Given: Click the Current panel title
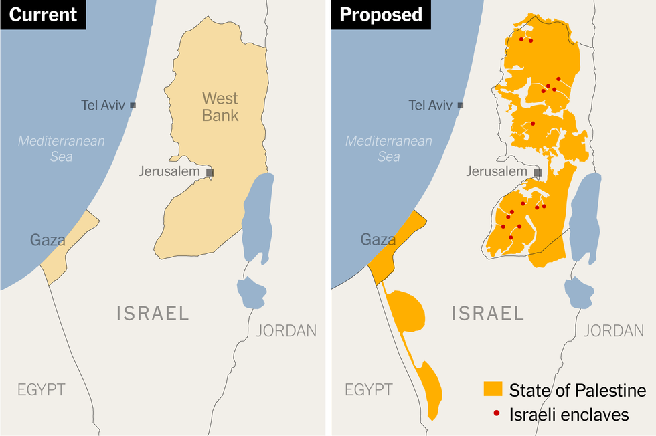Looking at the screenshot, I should [x=43, y=15].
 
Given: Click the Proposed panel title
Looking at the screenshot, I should [x=381, y=15].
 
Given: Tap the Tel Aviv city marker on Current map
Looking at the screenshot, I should [x=133, y=105].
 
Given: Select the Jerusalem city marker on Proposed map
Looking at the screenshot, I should [x=538, y=172].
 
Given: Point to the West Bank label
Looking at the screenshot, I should [x=220, y=107].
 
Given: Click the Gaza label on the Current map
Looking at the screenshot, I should [x=47, y=239].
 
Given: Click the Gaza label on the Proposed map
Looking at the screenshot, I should [x=378, y=239].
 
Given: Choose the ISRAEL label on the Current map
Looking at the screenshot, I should [x=153, y=313].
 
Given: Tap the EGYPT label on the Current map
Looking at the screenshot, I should [x=42, y=389].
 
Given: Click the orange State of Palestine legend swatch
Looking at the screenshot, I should [x=493, y=390].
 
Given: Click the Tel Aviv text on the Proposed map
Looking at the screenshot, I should [x=430, y=105].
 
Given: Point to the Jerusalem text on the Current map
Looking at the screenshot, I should [x=169, y=171].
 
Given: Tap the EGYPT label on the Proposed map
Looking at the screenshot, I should [x=369, y=389].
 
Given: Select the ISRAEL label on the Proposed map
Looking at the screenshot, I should [x=488, y=313].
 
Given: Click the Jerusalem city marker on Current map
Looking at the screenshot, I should [x=210, y=172].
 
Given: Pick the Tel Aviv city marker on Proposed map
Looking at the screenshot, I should [x=461, y=105].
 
